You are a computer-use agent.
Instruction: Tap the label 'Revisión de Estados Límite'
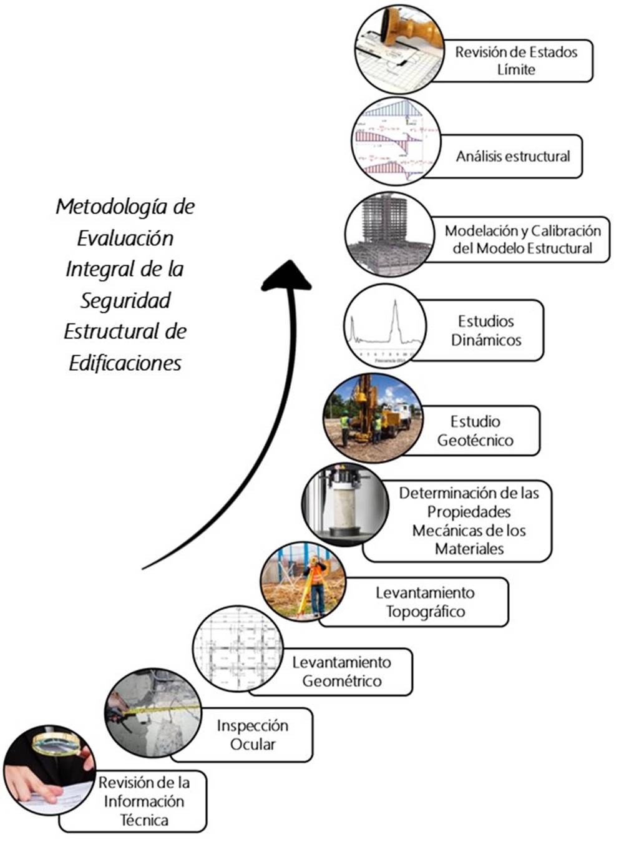(516, 61)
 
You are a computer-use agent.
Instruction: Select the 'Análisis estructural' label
(512, 156)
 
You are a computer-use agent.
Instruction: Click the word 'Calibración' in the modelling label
(565, 231)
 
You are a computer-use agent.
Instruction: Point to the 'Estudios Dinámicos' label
(486, 331)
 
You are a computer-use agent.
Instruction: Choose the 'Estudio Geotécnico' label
(475, 431)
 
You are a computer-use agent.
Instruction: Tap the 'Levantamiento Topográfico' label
(425, 602)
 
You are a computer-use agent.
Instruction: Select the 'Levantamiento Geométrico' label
(341, 672)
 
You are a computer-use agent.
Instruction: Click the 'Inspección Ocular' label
(253, 735)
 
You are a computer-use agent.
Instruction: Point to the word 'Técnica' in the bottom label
(144, 820)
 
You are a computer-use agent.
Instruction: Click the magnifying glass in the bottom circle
(56, 743)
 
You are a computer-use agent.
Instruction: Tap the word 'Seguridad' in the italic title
(125, 301)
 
